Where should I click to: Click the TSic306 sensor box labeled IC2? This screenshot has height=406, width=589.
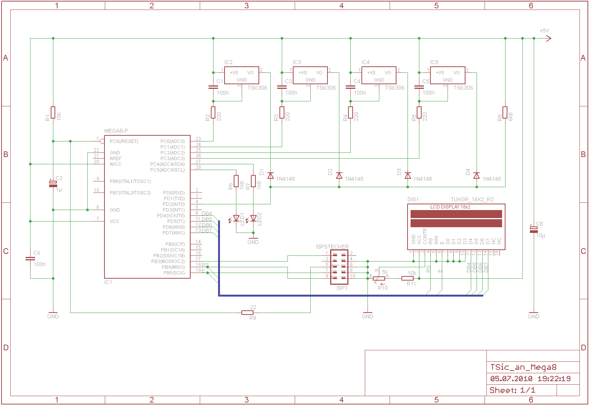tap(241, 75)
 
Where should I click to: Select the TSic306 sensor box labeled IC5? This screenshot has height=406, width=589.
tap(448, 75)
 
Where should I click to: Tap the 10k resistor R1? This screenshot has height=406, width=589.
tap(53, 112)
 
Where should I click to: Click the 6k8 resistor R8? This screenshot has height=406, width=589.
tap(505, 112)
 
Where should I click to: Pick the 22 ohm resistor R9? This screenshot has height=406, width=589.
tap(247, 313)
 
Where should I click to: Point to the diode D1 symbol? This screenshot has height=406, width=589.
tap(270, 175)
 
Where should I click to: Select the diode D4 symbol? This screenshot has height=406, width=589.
tap(476, 175)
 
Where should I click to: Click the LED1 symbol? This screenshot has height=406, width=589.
tap(236, 218)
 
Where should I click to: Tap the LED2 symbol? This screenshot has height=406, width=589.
tap(253, 218)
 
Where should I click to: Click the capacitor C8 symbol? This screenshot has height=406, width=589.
tap(534, 229)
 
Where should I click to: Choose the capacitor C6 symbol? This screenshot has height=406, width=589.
tap(30, 258)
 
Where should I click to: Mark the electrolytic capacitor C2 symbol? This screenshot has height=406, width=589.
tap(53, 183)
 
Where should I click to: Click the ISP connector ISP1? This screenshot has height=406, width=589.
tap(339, 267)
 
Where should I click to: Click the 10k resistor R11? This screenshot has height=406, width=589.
tap(408, 278)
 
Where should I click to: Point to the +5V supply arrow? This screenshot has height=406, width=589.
tap(548, 38)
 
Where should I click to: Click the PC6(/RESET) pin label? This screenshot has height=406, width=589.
tap(124, 141)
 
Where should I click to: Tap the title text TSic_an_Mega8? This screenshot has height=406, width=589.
tap(523, 367)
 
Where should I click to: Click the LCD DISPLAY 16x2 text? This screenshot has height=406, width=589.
tap(450, 207)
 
